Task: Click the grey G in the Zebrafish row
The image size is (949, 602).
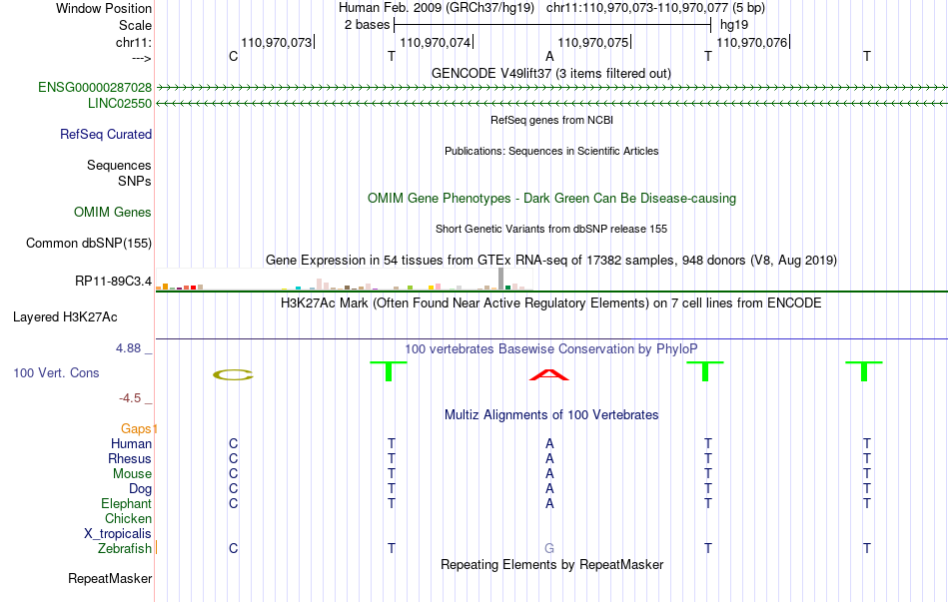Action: pyautogui.click(x=549, y=549)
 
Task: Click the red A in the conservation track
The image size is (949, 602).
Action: pyautogui.click(x=549, y=375)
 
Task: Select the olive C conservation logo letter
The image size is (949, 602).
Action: pyautogui.click(x=233, y=375)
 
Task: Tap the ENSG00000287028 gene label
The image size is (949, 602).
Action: pyautogui.click(x=95, y=87)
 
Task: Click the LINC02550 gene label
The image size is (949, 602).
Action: pyautogui.click(x=120, y=104)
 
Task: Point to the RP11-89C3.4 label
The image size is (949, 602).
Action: pyautogui.click(x=113, y=282)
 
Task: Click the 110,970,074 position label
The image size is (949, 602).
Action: pyautogui.click(x=436, y=42)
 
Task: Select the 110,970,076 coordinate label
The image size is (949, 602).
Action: pyautogui.click(x=751, y=42)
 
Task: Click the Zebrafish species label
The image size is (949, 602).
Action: pyautogui.click(x=125, y=549)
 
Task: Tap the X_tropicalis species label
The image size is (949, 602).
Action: pyautogui.click(x=118, y=534)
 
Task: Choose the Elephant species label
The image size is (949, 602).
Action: pyautogui.click(x=127, y=504)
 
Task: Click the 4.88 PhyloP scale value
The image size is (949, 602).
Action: pyautogui.click(x=128, y=348)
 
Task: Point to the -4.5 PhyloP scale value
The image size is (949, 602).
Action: pyautogui.click(x=130, y=398)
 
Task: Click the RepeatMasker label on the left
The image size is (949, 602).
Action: pyautogui.click(x=110, y=579)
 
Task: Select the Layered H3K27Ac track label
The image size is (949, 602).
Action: pyautogui.click(x=65, y=317)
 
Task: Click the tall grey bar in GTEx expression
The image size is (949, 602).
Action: pyautogui.click(x=500, y=279)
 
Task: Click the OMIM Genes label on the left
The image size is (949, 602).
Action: pyautogui.click(x=113, y=213)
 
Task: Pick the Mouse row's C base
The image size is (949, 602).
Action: pyautogui.click(x=233, y=474)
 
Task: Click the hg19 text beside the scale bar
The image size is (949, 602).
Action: pyautogui.click(x=734, y=25)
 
